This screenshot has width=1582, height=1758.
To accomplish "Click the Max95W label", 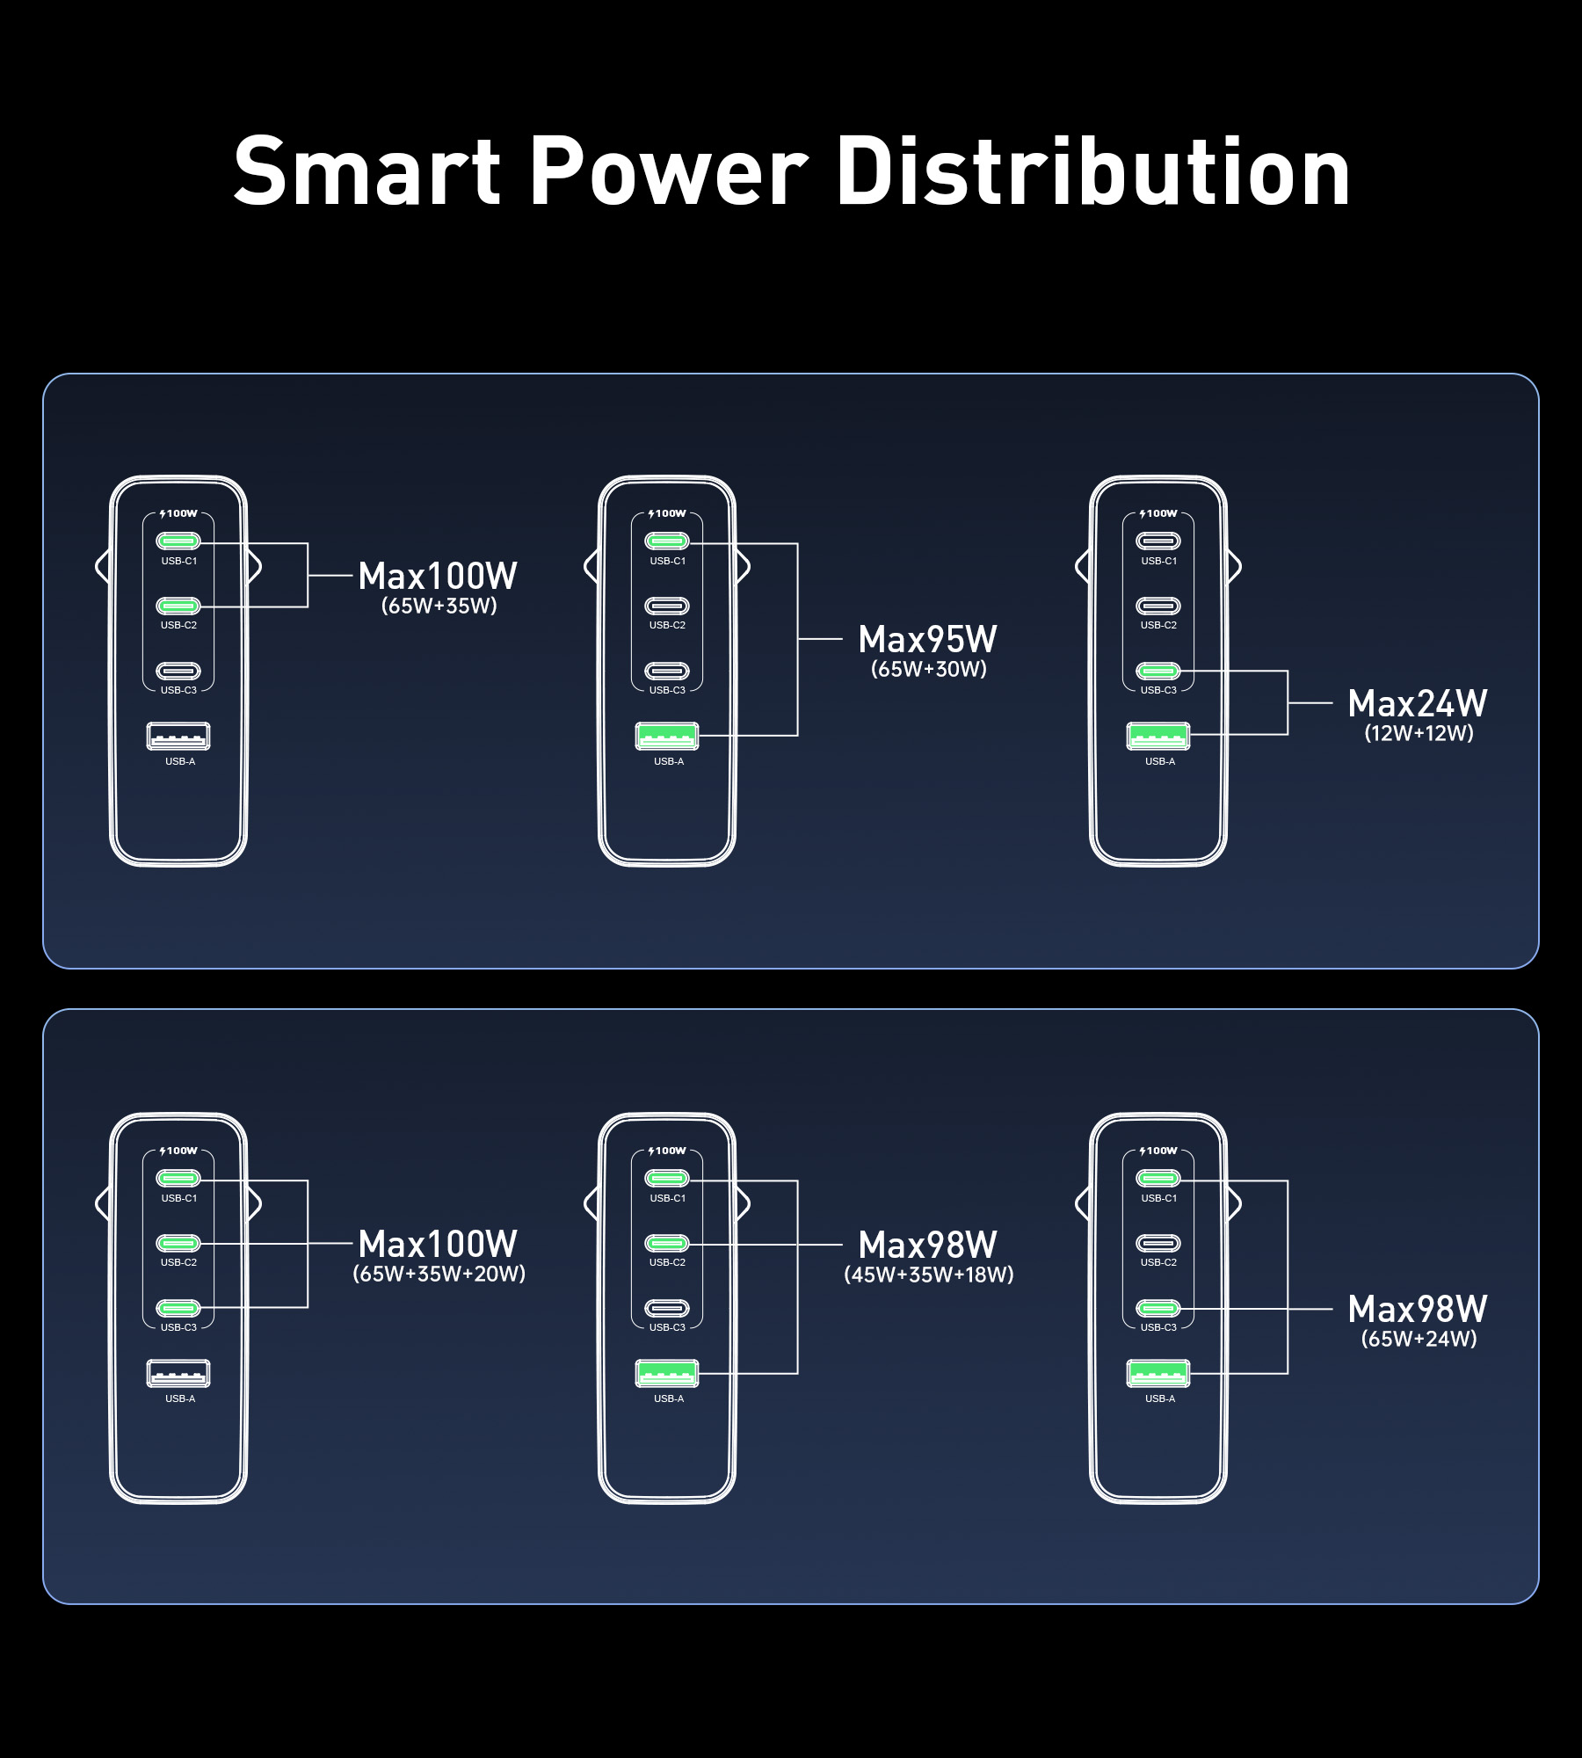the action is click(x=928, y=639).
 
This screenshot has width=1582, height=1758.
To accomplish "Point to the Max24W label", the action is click(x=1418, y=703).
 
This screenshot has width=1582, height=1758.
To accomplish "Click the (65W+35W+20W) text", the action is click(x=439, y=1274).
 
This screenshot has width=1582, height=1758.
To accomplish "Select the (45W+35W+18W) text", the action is click(x=929, y=1275).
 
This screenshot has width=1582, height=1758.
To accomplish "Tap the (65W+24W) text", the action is click(x=1419, y=1339).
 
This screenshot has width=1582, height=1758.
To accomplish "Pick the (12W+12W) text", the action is click(x=1419, y=733).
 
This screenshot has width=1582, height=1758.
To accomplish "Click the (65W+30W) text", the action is click(x=929, y=669).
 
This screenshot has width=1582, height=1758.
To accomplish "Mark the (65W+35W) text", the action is click(x=439, y=606).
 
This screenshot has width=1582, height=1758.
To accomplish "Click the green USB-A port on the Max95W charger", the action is click(x=667, y=736).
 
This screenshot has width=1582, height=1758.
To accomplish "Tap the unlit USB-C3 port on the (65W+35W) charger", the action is click(x=178, y=671).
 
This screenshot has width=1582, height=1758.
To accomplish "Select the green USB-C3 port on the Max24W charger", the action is click(x=1158, y=671).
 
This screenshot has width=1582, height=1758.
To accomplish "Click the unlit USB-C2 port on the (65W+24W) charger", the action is click(x=1158, y=1243).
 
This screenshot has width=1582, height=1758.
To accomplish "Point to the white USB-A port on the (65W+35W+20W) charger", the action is click(x=178, y=1373).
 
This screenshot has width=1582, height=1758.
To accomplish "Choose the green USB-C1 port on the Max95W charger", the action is click(x=667, y=541).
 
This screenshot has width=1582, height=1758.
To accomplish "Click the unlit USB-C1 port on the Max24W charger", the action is click(x=1158, y=541).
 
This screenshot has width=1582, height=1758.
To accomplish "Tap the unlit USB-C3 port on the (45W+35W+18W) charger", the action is click(x=667, y=1308).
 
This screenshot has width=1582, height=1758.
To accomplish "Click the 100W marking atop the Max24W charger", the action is click(x=1158, y=513).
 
